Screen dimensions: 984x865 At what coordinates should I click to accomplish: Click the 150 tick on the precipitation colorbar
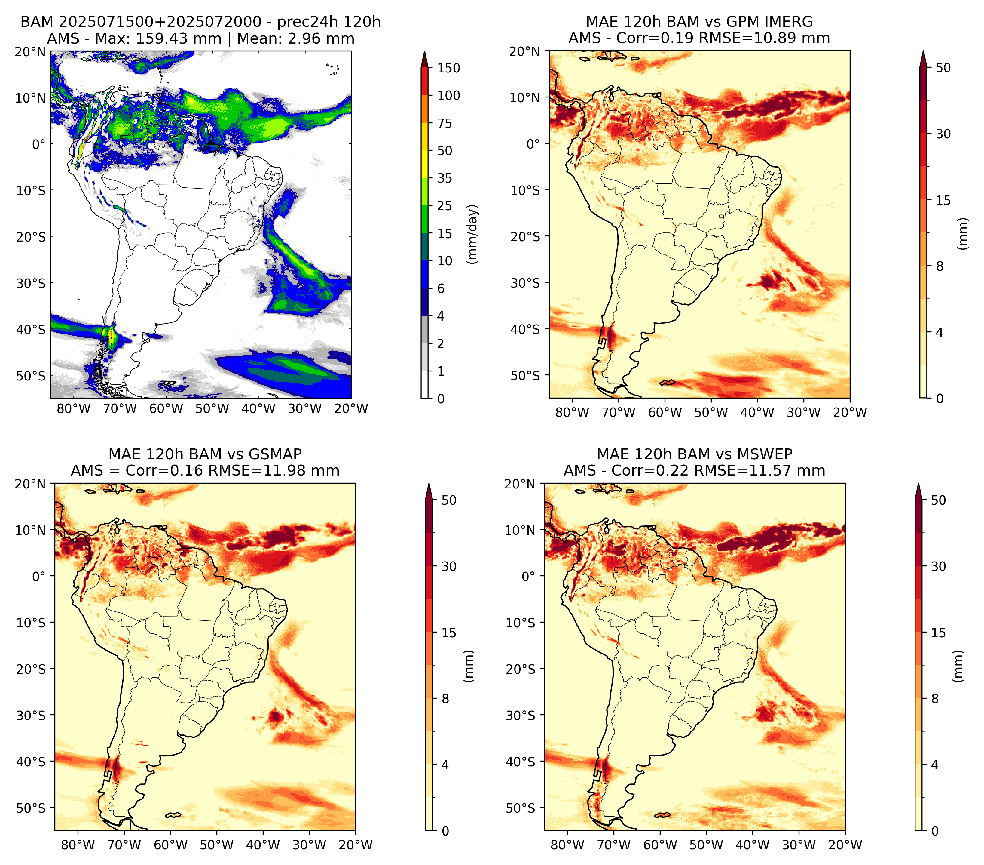point(449,68)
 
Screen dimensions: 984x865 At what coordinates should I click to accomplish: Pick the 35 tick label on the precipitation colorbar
point(445,178)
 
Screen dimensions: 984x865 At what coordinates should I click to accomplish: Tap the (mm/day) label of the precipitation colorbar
point(473,234)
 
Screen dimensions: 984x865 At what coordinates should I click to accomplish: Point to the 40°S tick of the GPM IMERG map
point(525,329)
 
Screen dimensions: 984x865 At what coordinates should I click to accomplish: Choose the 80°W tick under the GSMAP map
point(78,845)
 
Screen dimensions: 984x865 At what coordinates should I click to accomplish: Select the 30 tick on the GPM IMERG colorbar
point(943,134)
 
